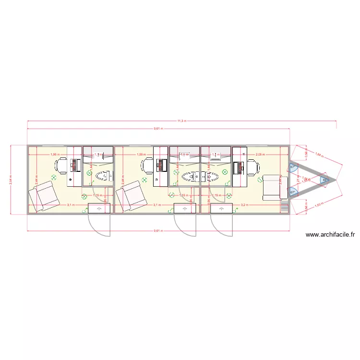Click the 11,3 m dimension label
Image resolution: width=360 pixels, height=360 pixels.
(181, 121)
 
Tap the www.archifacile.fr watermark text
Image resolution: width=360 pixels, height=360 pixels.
(331, 235)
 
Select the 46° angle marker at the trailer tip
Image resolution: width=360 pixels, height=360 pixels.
(325, 180)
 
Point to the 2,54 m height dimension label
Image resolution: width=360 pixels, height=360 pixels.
(11, 180)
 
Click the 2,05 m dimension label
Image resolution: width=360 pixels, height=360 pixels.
(260, 155)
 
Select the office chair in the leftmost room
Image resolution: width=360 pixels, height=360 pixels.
(61, 165)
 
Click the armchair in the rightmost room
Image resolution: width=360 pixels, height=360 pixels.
(275, 188)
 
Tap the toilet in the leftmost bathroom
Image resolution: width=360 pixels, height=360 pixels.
(102, 176)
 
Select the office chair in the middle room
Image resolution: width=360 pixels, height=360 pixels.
(147, 166)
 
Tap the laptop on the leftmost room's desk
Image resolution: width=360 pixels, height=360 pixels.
(74, 165)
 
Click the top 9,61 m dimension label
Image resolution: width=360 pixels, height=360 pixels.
(158, 129)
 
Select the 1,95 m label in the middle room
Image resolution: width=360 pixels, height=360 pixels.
(141, 155)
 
